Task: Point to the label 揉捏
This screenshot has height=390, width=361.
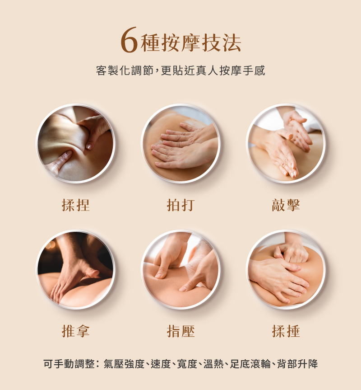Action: (x=76, y=205)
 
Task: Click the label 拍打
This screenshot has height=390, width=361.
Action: (x=180, y=205)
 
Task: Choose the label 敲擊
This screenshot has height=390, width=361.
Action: (x=286, y=205)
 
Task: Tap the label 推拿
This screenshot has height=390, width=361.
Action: (x=76, y=331)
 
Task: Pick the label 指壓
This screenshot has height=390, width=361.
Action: (x=180, y=331)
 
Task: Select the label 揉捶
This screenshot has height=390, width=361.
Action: (x=286, y=331)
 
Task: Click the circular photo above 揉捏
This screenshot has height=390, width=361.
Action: (x=75, y=144)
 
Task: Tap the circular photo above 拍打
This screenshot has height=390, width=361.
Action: (x=180, y=144)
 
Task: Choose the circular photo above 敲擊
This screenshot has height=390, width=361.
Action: (x=286, y=144)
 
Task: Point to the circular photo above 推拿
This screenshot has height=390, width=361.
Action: (x=75, y=270)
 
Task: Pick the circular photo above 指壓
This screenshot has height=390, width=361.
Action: (x=180, y=270)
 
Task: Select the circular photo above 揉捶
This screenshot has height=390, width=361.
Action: (x=286, y=270)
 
